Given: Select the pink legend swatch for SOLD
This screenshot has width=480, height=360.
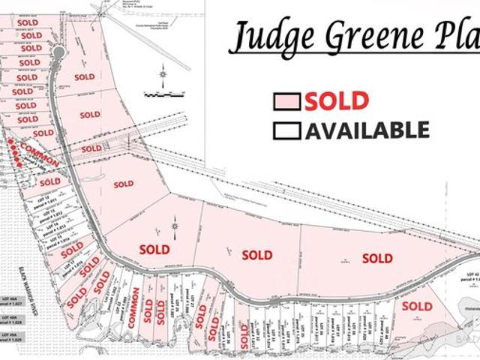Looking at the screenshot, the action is tap(287, 101).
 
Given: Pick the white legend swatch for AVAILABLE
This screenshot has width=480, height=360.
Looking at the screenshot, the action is tap(287, 130).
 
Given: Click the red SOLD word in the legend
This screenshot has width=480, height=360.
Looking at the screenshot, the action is tap(336, 100).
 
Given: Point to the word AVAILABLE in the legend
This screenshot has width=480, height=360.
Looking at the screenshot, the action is tap(367, 130).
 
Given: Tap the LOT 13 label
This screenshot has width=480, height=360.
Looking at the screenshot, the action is tap(47, 211).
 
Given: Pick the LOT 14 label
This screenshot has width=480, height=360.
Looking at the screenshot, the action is tap(52, 223).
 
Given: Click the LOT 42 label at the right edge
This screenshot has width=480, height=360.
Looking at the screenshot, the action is tap(471, 274).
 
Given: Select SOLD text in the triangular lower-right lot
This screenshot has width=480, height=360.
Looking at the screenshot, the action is tap(417, 306).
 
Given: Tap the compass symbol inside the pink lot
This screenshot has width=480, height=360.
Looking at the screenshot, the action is tap(174, 224).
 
